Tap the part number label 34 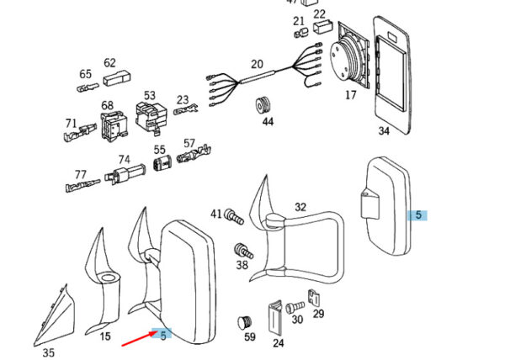[x=384, y=130]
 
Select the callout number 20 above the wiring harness [x=257, y=64]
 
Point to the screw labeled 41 [x=235, y=217]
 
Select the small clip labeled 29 [x=314, y=297]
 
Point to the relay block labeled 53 [x=150, y=119]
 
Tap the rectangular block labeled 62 [x=113, y=78]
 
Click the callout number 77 [x=81, y=175]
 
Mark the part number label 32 [x=300, y=207]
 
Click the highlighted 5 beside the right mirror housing [x=418, y=214]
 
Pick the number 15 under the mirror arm [x=104, y=336]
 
